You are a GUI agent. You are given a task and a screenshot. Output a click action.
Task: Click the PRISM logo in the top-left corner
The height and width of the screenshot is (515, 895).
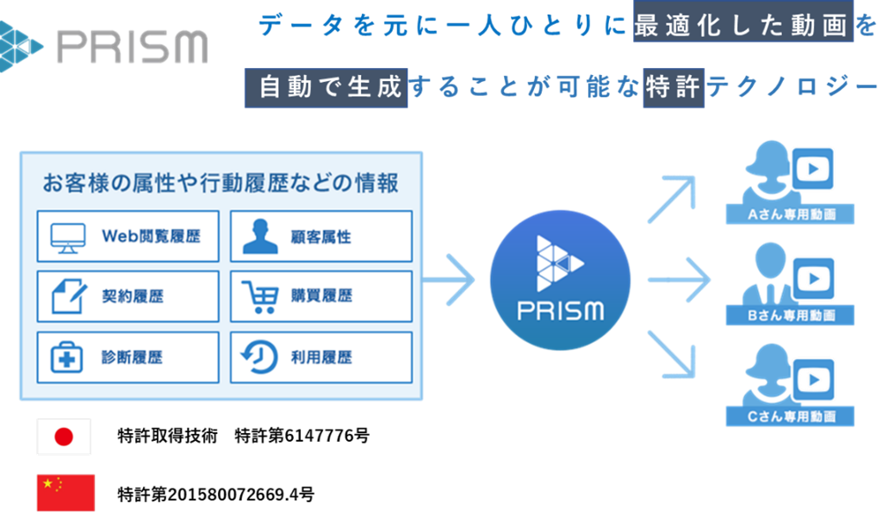pyautogui.click(x=103, y=43)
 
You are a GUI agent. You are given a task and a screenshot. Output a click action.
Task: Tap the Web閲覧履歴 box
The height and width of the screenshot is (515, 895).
pyautogui.click(x=127, y=236)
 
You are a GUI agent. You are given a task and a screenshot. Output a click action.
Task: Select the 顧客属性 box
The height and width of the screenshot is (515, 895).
pyautogui.click(x=320, y=236)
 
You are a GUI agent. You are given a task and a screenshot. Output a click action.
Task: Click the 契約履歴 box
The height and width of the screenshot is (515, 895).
pyautogui.click(x=127, y=296)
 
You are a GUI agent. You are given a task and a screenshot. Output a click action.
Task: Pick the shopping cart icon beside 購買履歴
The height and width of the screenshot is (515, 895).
pyautogui.click(x=259, y=296)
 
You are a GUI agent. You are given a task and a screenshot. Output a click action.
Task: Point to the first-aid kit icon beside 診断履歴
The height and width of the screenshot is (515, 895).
pyautogui.click(x=66, y=357)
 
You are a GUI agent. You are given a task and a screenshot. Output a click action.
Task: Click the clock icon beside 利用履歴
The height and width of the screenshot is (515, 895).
pyautogui.click(x=259, y=357)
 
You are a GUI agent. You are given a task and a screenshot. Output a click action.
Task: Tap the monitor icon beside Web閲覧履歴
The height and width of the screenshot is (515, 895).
pyautogui.click(x=68, y=236)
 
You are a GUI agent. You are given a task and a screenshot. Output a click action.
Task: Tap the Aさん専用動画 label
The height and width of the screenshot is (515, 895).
pyautogui.click(x=791, y=214)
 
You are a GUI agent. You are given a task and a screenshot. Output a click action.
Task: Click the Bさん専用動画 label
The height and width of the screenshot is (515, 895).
pyautogui.click(x=791, y=315)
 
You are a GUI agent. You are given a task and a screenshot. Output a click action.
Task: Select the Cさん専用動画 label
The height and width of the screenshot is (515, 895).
pyautogui.click(x=791, y=417)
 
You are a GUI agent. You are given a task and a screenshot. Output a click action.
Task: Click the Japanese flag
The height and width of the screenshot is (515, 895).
pyautogui.click(x=64, y=437)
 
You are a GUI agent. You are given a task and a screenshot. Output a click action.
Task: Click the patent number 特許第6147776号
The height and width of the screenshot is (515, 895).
pyautogui.click(x=301, y=436)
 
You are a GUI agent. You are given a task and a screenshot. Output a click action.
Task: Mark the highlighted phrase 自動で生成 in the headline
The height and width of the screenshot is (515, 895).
pyautogui.click(x=326, y=88)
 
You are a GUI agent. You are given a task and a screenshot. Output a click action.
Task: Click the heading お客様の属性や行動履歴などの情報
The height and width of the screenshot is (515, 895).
pyautogui.click(x=221, y=183)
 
